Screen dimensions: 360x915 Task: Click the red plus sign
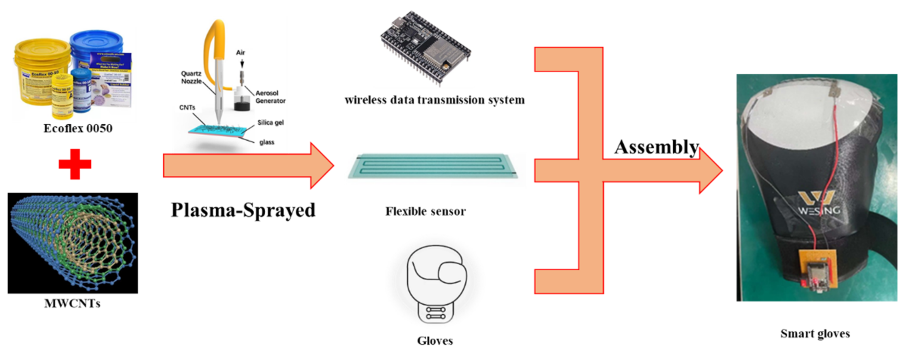(75, 164)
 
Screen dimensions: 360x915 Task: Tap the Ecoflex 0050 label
(78, 128)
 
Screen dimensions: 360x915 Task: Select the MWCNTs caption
(72, 303)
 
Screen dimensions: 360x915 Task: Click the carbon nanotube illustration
(73, 243)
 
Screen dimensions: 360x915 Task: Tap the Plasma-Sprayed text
(243, 210)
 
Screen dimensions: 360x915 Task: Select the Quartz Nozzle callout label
(191, 77)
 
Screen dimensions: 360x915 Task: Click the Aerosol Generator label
(270, 97)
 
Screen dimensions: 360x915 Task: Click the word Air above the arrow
(240, 53)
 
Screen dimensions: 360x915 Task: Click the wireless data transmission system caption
(434, 100)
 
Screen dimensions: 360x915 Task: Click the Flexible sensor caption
(425, 211)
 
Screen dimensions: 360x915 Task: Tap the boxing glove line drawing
(436, 281)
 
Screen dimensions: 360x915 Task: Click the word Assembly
(656, 147)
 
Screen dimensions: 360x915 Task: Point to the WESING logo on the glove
(819, 203)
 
